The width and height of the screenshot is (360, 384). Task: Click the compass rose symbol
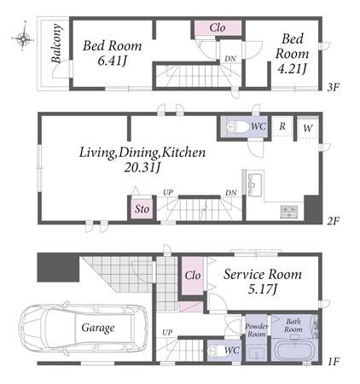click(23, 38)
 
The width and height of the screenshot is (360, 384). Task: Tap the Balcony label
click(56, 44)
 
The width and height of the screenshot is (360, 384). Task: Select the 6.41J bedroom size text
click(112, 61)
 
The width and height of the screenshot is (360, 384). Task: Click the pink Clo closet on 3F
click(218, 28)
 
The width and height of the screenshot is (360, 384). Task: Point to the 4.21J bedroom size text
click(292, 68)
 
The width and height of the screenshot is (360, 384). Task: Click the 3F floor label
click(333, 86)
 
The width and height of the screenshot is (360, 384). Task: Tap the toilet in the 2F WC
click(236, 127)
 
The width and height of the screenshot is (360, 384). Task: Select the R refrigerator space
click(282, 126)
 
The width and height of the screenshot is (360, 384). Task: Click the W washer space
click(308, 127)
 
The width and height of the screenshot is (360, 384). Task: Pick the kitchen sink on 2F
click(255, 185)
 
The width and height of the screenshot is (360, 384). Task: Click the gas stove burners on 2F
click(289, 212)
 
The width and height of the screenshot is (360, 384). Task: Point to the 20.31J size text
click(142, 167)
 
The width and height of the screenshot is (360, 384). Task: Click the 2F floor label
click(333, 220)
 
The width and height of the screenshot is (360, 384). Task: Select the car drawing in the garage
click(83, 328)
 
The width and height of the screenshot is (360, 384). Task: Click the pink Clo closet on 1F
click(193, 276)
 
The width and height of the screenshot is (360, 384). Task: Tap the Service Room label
click(262, 275)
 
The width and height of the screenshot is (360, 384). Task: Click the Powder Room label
click(257, 330)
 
